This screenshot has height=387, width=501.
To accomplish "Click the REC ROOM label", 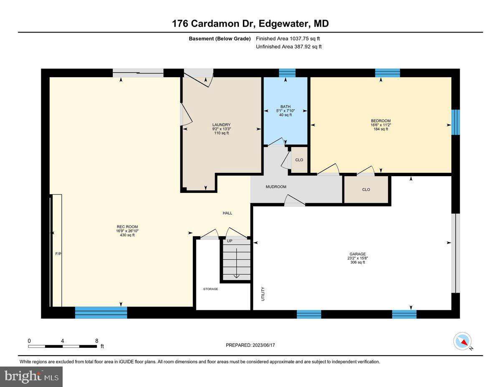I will (x=127, y=227).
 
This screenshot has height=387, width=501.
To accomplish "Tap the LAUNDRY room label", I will (x=221, y=125).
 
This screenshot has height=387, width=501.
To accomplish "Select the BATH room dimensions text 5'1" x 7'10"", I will (x=286, y=111).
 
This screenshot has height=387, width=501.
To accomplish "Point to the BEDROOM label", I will (x=380, y=121).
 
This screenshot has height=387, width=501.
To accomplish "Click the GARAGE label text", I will (x=358, y=254).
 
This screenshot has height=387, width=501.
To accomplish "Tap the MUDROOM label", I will (x=276, y=187).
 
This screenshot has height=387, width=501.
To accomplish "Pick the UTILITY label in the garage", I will (x=263, y=293).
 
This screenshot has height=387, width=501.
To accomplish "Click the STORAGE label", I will (x=210, y=289).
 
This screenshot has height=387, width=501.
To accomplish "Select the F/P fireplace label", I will (x=58, y=254).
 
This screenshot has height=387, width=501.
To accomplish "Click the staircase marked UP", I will (x=236, y=261).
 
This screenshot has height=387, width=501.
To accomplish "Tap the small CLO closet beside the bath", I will (x=299, y=160).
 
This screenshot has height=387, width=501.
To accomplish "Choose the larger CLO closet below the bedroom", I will (x=366, y=190).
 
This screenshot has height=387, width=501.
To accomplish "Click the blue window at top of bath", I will (x=287, y=73).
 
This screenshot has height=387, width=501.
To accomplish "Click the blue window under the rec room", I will (x=101, y=312).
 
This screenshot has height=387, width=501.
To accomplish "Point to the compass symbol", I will (x=462, y=341).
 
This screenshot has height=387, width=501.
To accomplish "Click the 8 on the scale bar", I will (x=96, y=340).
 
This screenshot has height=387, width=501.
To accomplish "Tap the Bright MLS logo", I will (x=32, y=377).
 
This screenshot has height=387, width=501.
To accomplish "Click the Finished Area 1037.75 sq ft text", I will (x=288, y=38).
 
